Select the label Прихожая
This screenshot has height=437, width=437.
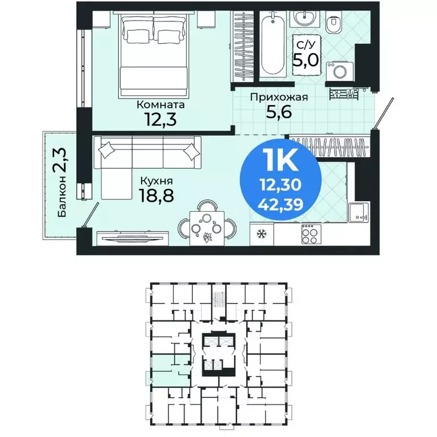click(x=279, y=97)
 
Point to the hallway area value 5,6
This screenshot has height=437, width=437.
click(x=279, y=113)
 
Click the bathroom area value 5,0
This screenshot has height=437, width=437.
click(x=306, y=59)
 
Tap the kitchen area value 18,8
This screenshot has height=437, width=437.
click(x=157, y=197)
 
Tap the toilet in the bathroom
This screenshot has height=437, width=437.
click(x=334, y=24)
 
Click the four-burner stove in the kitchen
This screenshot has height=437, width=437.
click(x=311, y=234)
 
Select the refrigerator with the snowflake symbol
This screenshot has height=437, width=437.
click(x=262, y=234)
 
